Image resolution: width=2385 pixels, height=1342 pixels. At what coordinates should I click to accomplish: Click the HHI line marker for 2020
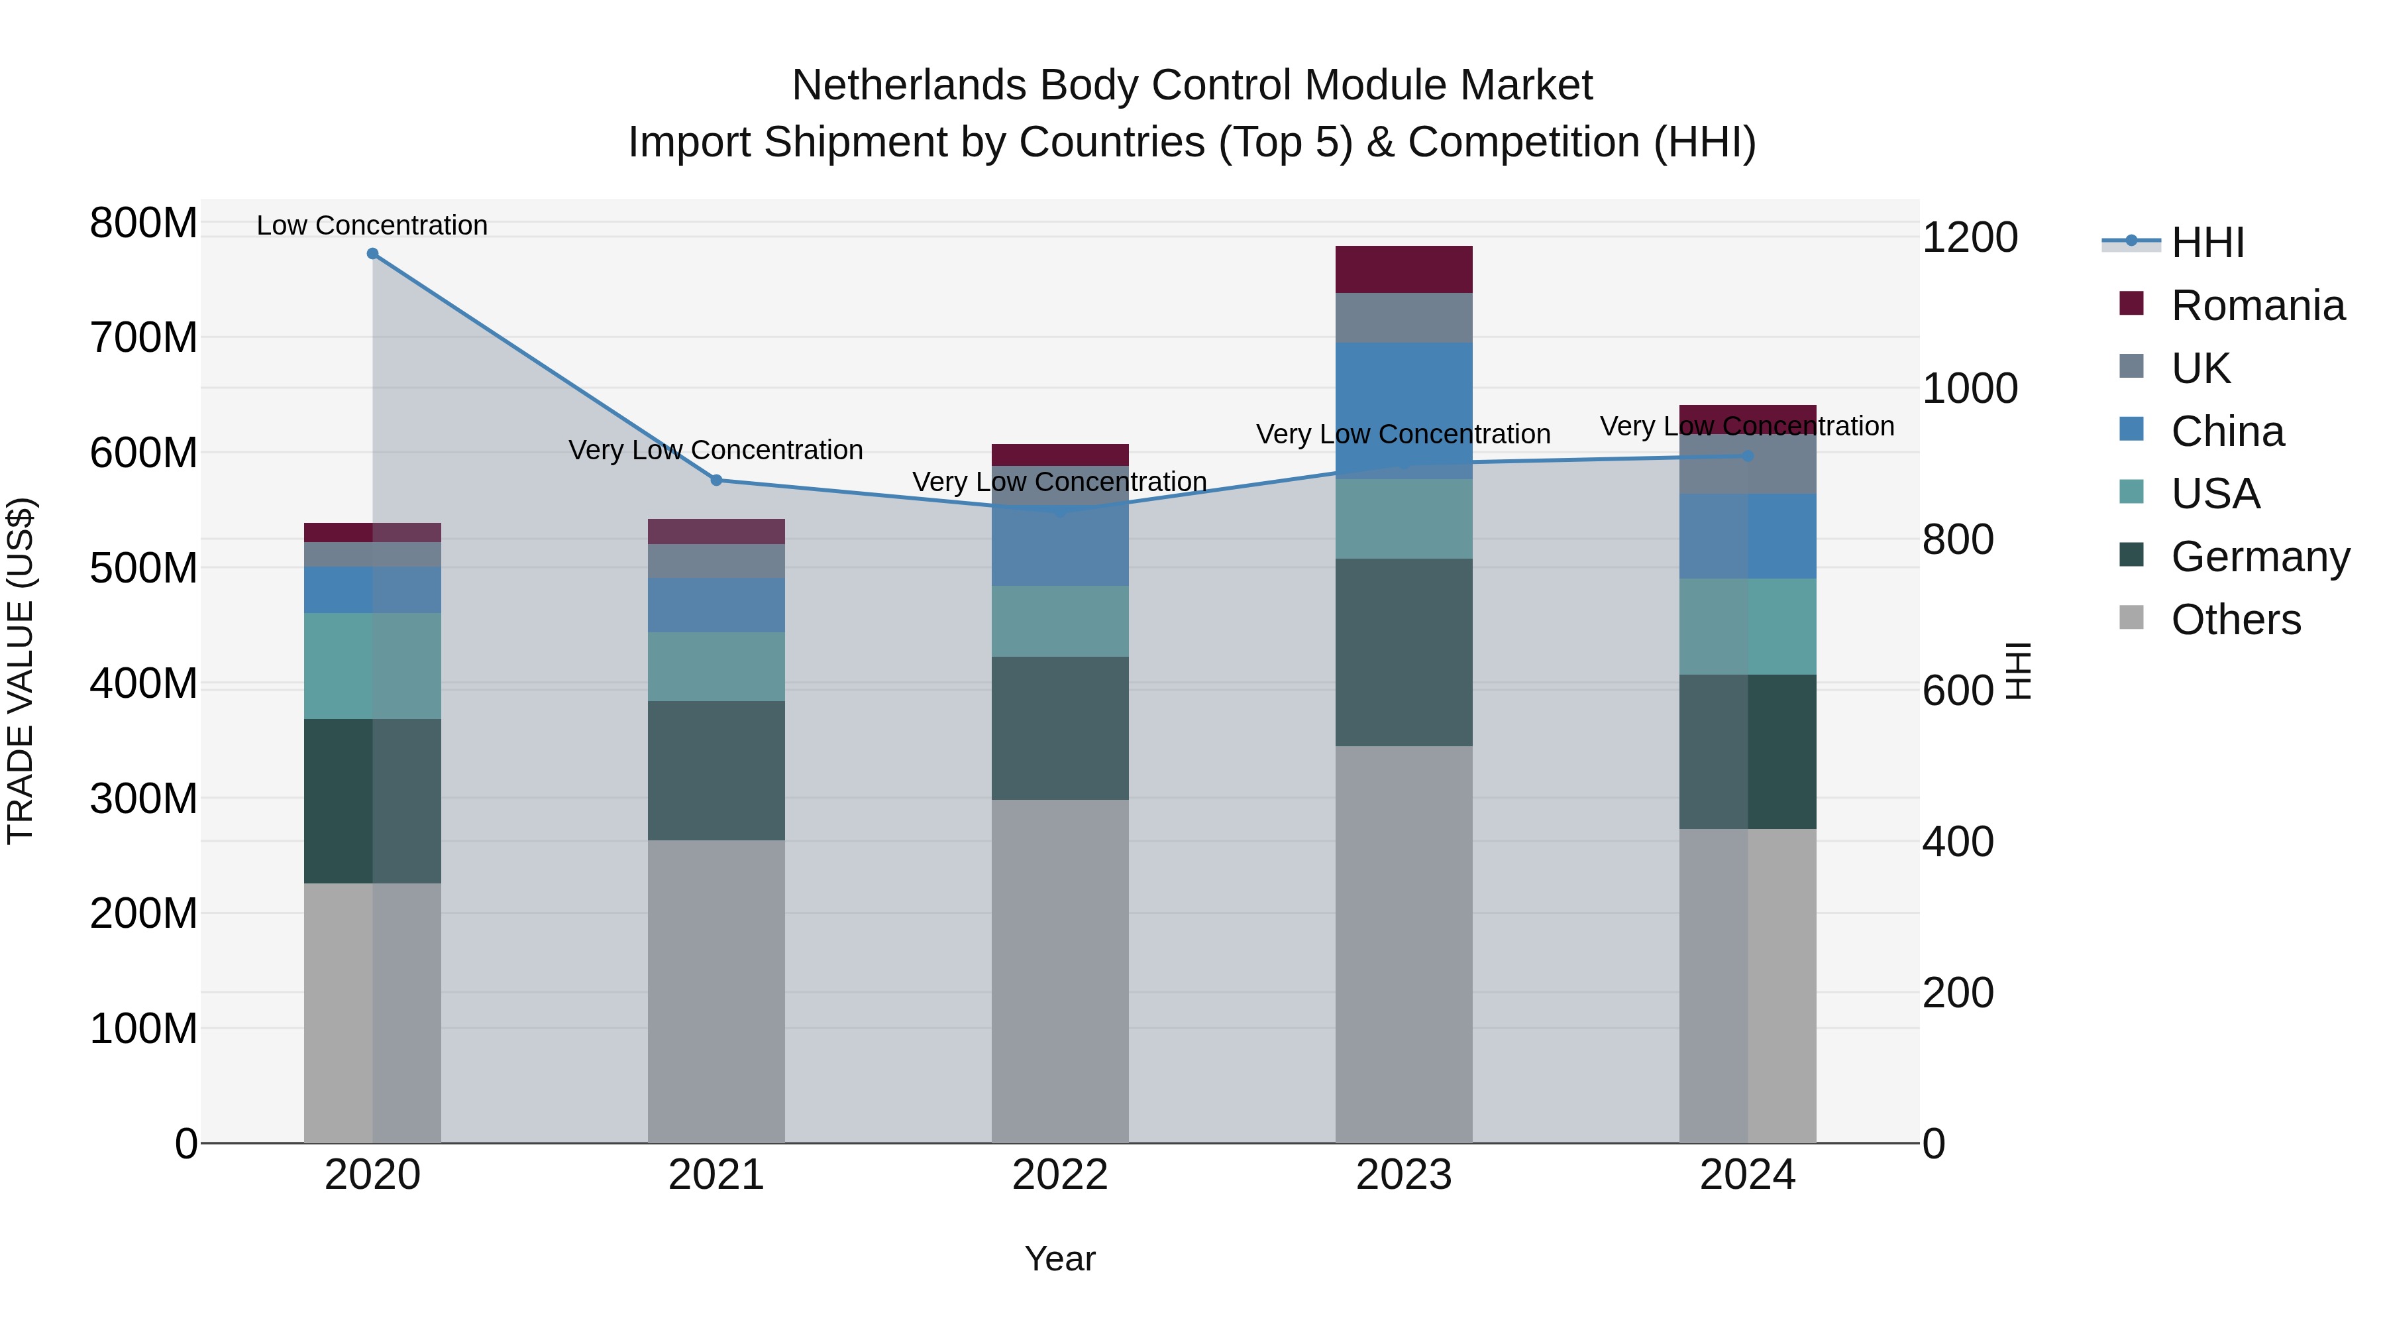pyautogui.click(x=372, y=254)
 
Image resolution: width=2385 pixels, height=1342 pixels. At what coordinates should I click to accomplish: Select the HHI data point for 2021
pyautogui.click(x=715, y=480)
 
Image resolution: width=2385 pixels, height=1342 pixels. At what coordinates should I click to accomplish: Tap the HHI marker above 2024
pyautogui.click(x=1747, y=456)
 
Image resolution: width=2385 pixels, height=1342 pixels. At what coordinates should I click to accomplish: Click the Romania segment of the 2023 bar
pyautogui.click(x=1404, y=270)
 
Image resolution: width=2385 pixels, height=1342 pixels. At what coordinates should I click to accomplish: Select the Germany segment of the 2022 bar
pyautogui.click(x=1060, y=728)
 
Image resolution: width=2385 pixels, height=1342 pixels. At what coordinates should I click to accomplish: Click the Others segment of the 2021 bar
pyautogui.click(x=715, y=991)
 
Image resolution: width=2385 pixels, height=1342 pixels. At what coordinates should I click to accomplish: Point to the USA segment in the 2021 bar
pyautogui.click(x=715, y=667)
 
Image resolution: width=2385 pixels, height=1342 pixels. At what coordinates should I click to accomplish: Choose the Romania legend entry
pyautogui.click(x=2256, y=306)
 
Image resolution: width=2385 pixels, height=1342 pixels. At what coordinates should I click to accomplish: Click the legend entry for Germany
pyautogui.click(x=2259, y=557)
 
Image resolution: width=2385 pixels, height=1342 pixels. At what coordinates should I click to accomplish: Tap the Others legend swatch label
pyautogui.click(x=2235, y=620)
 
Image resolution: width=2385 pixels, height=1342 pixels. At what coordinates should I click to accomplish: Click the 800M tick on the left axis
pyautogui.click(x=142, y=223)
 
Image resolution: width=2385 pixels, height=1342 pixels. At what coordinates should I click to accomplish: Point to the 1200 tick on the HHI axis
pyautogui.click(x=1970, y=237)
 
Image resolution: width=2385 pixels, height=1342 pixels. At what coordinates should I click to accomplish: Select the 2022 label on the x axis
pyautogui.click(x=1060, y=1175)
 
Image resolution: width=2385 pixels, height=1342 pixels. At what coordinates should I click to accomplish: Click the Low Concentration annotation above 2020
pyautogui.click(x=372, y=225)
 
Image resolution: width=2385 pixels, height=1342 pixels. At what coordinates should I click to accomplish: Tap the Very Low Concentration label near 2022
pyautogui.click(x=1060, y=482)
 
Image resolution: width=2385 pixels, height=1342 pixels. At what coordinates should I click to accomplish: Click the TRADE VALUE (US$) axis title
pyautogui.click(x=21, y=671)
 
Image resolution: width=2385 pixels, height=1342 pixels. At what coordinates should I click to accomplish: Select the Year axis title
pyautogui.click(x=1060, y=1258)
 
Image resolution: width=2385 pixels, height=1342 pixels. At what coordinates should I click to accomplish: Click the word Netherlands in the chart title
pyautogui.click(x=909, y=85)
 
